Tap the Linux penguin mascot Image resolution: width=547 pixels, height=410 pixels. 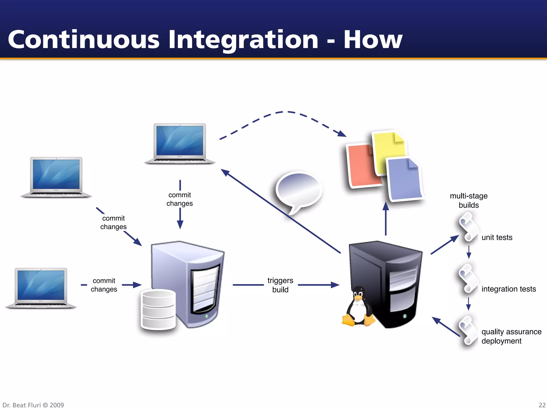pyautogui.click(x=358, y=307)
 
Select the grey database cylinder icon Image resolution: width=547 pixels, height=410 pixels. pyautogui.click(x=158, y=310)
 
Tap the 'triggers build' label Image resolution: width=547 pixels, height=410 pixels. pyautogui.click(x=280, y=285)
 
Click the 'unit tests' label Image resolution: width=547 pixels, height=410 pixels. pyautogui.click(x=497, y=237)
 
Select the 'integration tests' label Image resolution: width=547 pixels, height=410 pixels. pyautogui.click(x=509, y=289)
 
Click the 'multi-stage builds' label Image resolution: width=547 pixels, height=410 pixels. pyautogui.click(x=469, y=200)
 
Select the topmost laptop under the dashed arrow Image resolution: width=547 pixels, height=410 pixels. pyautogui.click(x=180, y=143)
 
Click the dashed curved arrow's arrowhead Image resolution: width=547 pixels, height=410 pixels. pyautogui.click(x=342, y=133)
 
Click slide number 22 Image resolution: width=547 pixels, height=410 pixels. pyautogui.click(x=542, y=405)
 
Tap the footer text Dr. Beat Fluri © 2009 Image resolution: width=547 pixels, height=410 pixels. pyautogui.click(x=33, y=405)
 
